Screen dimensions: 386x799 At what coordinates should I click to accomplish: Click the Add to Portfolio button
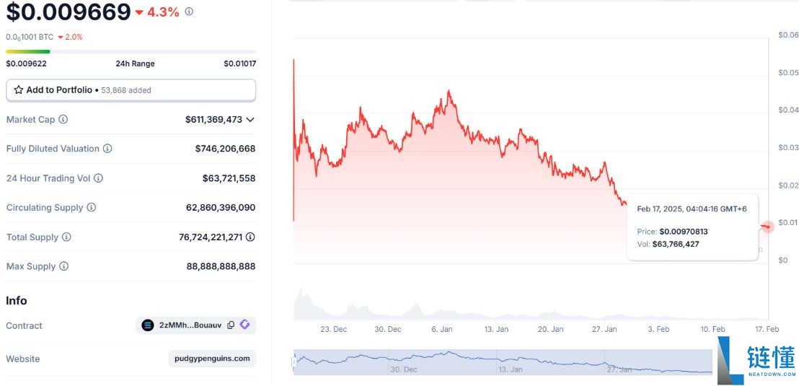[131, 90]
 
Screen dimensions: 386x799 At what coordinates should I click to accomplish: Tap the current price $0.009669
[69, 12]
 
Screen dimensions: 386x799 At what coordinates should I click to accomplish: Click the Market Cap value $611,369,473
[213, 119]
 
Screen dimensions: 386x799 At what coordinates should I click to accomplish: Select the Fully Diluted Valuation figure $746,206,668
[225, 149]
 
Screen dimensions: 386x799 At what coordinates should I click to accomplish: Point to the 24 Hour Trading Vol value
[229, 178]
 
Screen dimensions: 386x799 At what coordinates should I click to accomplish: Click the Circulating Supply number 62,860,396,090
[221, 208]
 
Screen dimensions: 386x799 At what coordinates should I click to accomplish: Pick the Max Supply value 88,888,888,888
[221, 266]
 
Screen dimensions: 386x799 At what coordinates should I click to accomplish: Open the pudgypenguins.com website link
[212, 359]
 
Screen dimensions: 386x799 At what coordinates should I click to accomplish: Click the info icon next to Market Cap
[63, 119]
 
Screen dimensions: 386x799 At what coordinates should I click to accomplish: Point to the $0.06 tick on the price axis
[788, 35]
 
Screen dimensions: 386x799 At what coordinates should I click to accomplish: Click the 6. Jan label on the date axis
[441, 329]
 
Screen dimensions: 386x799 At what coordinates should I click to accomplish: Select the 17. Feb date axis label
[767, 329]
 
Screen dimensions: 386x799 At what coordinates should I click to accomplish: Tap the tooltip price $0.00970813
[684, 232]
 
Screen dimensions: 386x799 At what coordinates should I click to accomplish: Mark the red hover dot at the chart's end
[768, 227]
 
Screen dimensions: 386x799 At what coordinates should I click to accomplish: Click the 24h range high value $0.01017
[239, 63]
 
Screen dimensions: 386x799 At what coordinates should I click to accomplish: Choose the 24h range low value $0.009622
[27, 63]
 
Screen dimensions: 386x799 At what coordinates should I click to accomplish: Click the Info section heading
[17, 300]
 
